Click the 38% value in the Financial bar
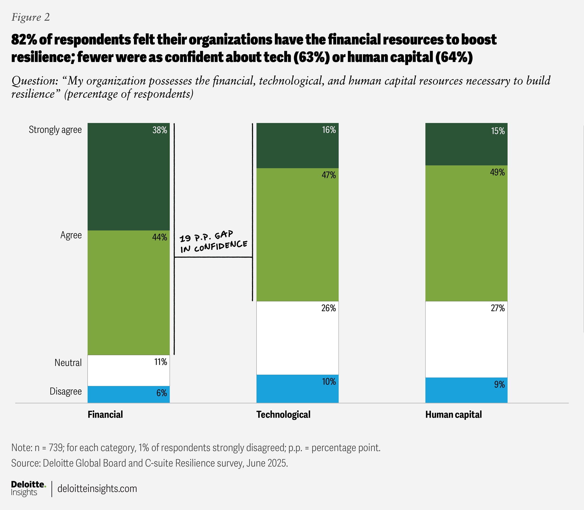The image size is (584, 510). (159, 130)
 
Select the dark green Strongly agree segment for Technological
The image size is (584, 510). (297, 146)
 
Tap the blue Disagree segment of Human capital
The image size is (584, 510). (466, 390)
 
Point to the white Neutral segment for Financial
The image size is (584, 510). (128, 370)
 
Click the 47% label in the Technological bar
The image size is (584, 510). (329, 175)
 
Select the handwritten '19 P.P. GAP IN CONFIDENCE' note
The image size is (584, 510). (213, 242)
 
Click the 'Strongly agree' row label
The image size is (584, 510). (55, 130)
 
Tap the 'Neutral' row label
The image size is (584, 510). (68, 363)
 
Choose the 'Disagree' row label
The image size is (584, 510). (66, 391)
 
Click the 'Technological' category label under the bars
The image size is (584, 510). (283, 414)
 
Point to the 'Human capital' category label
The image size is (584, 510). (454, 414)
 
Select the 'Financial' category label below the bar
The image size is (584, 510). (105, 414)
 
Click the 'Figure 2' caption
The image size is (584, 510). (31, 17)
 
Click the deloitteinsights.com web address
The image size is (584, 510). (97, 489)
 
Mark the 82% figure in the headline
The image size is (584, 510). (24, 40)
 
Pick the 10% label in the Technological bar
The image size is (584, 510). (329, 382)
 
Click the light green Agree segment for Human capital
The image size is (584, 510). (466, 233)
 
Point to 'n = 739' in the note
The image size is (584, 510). (49, 448)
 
